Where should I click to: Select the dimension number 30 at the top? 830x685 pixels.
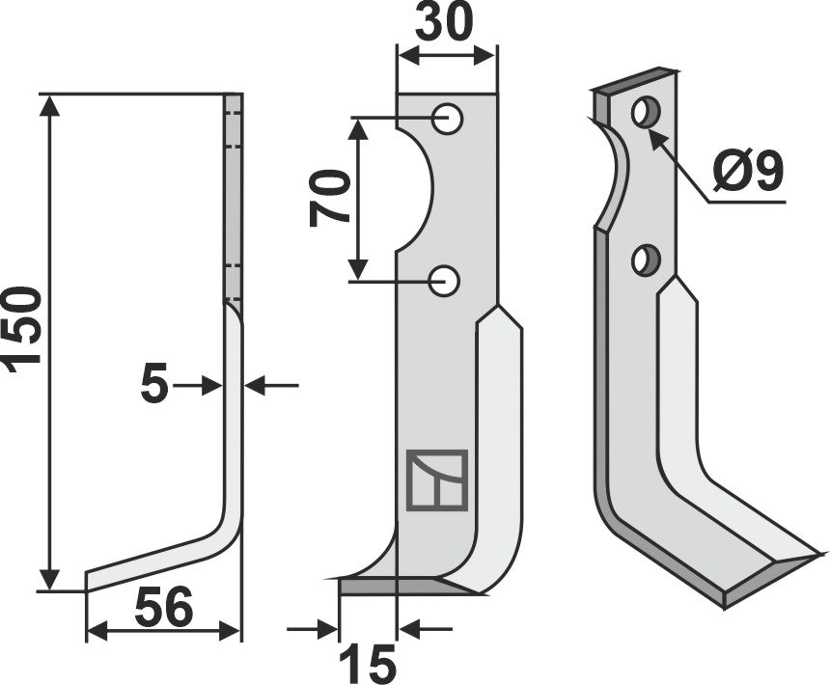(x=445, y=23)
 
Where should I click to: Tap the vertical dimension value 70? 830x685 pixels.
(x=329, y=197)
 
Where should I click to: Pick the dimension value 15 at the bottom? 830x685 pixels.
(x=368, y=664)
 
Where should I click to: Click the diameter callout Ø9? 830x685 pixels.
(x=748, y=174)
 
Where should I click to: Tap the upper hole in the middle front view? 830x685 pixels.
(x=447, y=119)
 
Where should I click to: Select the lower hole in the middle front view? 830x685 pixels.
(x=445, y=281)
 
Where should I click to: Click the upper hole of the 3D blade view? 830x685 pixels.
(x=645, y=112)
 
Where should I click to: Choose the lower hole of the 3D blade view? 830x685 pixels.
(x=645, y=260)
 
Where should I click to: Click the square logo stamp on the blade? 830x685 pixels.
(x=436, y=479)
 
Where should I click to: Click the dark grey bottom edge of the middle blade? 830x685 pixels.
(x=396, y=586)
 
